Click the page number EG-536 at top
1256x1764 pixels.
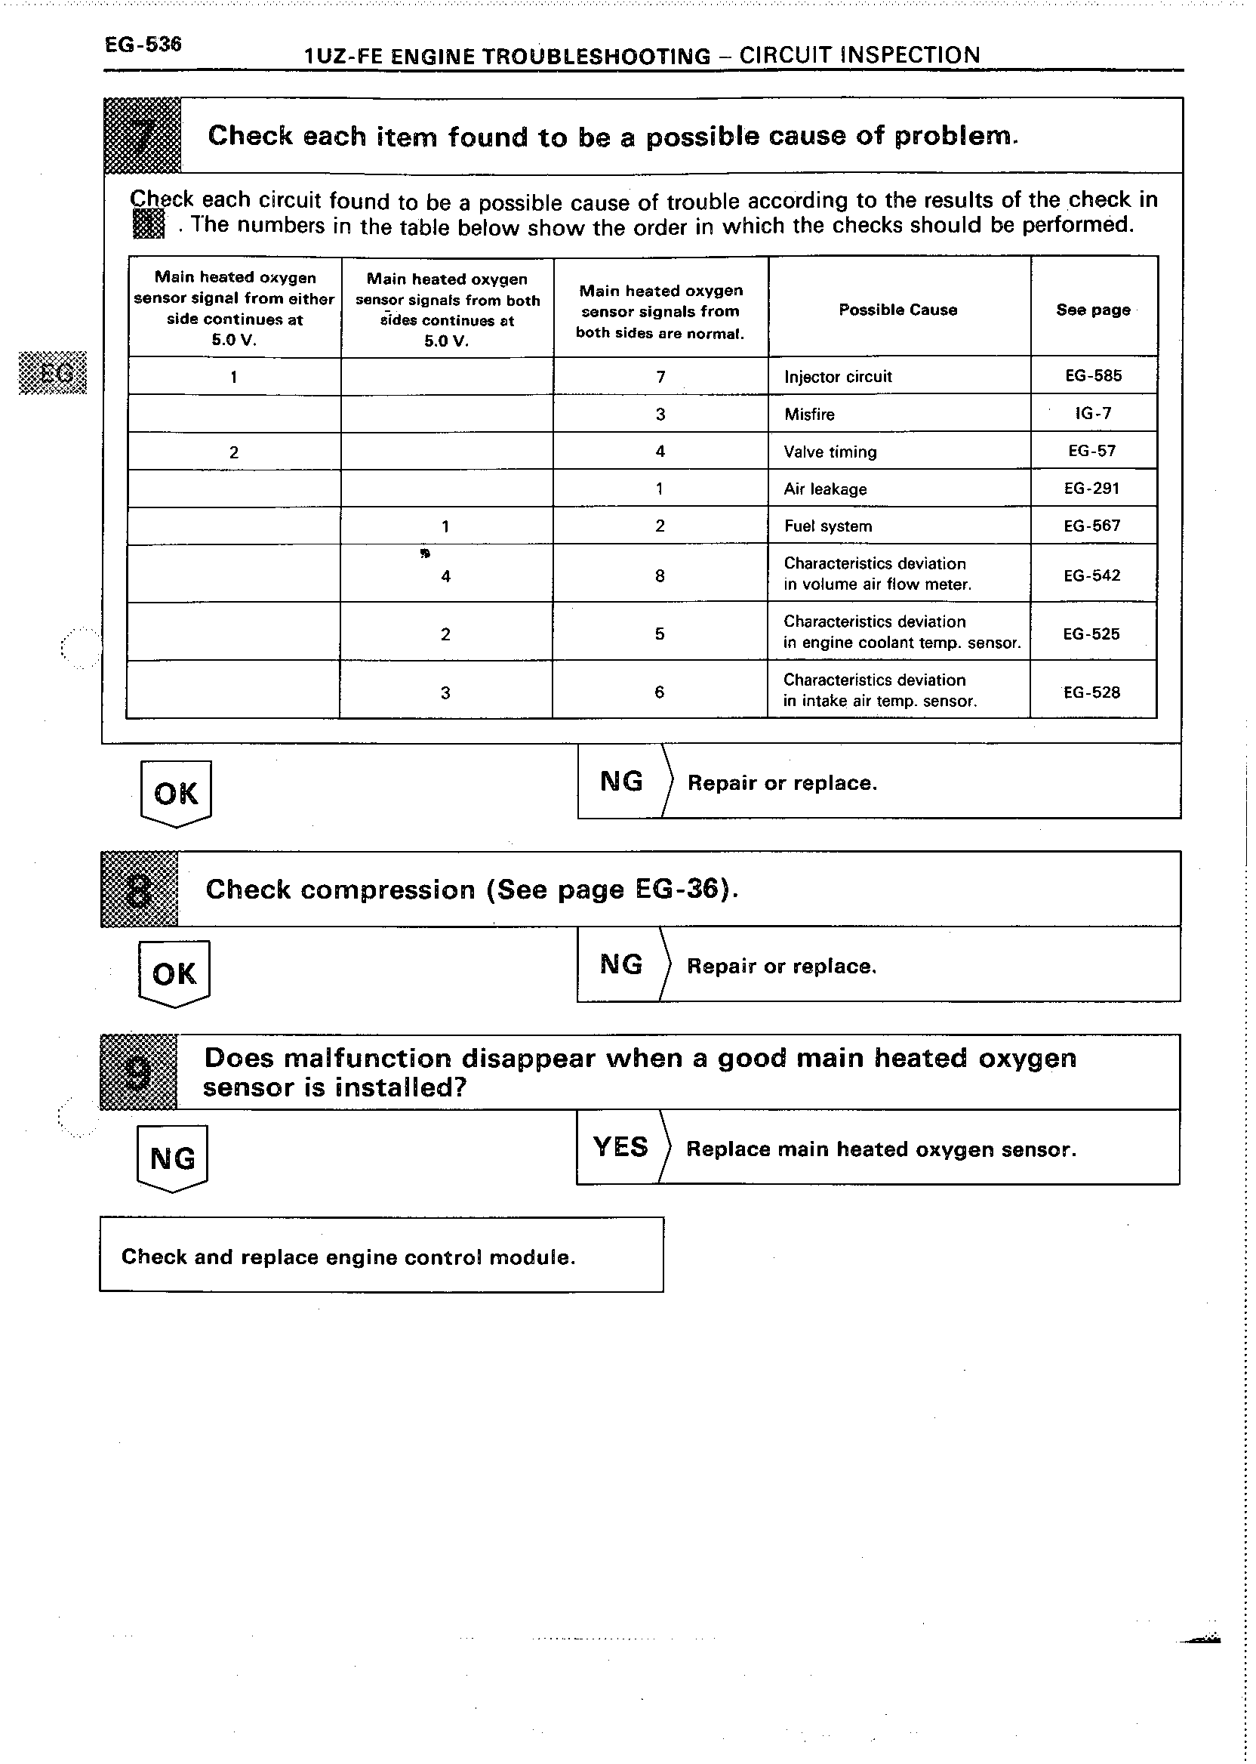143,45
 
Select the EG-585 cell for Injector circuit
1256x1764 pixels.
1093,376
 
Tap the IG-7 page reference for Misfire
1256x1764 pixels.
1093,413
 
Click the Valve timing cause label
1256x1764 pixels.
830,452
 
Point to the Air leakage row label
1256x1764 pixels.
825,489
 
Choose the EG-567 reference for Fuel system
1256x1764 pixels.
1092,526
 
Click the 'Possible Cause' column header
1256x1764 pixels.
898,310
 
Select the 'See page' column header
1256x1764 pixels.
1093,310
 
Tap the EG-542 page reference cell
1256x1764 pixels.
1092,575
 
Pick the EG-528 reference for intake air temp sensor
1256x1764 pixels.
1091,692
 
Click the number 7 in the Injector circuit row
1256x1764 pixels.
660,377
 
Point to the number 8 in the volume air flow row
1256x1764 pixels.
660,575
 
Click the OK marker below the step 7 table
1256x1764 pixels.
176,793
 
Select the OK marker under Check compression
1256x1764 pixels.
174,973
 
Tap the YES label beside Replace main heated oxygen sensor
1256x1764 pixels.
620,1146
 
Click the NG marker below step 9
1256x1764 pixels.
172,1158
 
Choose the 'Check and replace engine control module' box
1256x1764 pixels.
381,1257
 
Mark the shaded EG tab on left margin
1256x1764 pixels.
53,373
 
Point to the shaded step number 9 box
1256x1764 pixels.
139,1072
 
